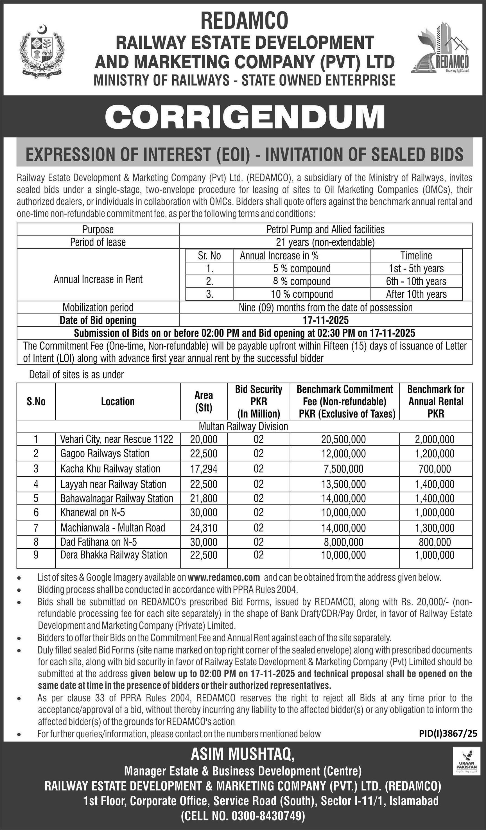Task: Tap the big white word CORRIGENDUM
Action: (245, 117)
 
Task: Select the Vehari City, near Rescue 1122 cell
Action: (117, 439)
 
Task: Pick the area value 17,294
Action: (204, 469)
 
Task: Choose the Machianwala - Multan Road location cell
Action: (113, 528)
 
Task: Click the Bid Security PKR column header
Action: (259, 401)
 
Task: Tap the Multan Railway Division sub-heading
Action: (243, 427)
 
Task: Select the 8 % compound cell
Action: (302, 281)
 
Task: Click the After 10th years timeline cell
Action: (416, 294)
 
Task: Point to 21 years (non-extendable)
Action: (325, 242)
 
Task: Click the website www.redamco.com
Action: (224, 577)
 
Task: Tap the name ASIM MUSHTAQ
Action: (243, 754)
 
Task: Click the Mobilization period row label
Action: (98, 307)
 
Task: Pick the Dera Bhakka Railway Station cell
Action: (114, 555)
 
